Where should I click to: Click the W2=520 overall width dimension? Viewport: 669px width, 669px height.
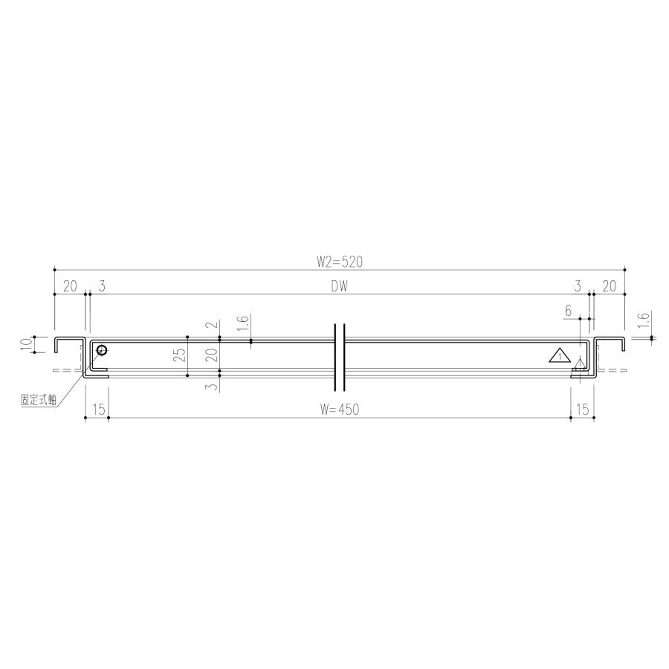coord(339,261)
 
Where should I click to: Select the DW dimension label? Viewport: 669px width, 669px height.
coord(340,285)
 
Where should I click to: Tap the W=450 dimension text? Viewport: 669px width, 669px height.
coord(339,410)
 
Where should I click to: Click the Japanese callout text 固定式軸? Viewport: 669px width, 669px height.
coord(39,399)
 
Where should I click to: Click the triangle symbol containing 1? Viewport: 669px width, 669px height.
coord(559,355)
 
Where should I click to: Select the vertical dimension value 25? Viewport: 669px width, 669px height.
coord(179,355)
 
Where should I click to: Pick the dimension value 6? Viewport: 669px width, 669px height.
coord(568,311)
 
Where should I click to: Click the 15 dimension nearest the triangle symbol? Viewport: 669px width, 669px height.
coord(581,410)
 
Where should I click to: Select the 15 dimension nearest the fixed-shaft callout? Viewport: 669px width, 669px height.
coord(97,410)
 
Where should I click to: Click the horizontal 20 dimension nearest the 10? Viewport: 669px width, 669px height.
coord(70,285)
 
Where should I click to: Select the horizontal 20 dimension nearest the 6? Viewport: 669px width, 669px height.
coord(609,285)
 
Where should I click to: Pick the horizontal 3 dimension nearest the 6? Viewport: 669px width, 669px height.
coord(578,285)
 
